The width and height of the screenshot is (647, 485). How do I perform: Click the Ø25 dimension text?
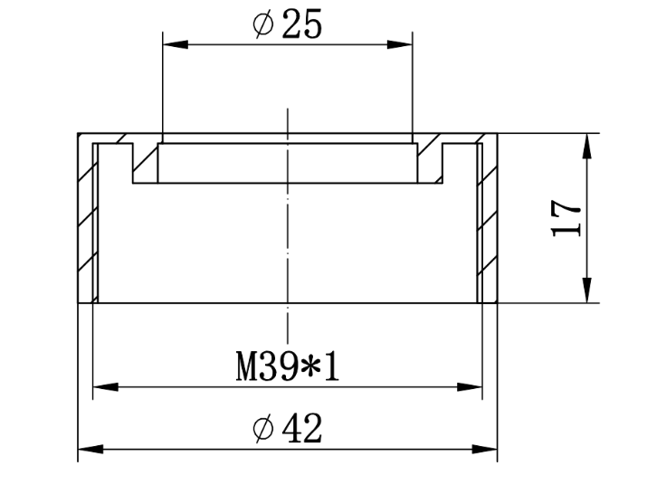(287, 24)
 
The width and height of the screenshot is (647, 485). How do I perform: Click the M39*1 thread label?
(288, 366)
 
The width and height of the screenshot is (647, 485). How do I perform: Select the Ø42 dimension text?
(287, 429)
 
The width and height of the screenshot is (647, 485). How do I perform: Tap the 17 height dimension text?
(566, 218)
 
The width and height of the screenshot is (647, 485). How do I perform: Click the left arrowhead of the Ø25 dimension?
(176, 44)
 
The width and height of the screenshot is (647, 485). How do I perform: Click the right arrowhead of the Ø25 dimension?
(399, 44)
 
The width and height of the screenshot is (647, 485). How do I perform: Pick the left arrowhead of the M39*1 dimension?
(106, 387)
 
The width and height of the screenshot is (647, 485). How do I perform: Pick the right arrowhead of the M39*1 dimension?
(470, 387)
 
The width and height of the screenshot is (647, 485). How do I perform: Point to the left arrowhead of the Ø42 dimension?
(90, 449)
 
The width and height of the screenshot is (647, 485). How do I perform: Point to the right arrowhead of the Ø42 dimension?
(484, 449)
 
